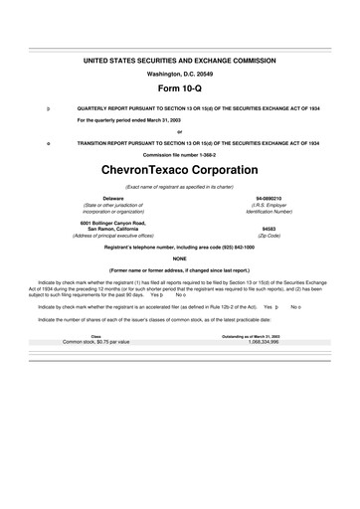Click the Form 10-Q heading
point(179,86)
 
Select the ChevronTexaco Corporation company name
point(179,169)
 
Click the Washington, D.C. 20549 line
point(179,73)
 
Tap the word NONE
point(179,258)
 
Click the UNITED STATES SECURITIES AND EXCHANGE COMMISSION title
point(179,61)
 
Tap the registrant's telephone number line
point(179,247)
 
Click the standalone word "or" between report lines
point(179,132)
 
